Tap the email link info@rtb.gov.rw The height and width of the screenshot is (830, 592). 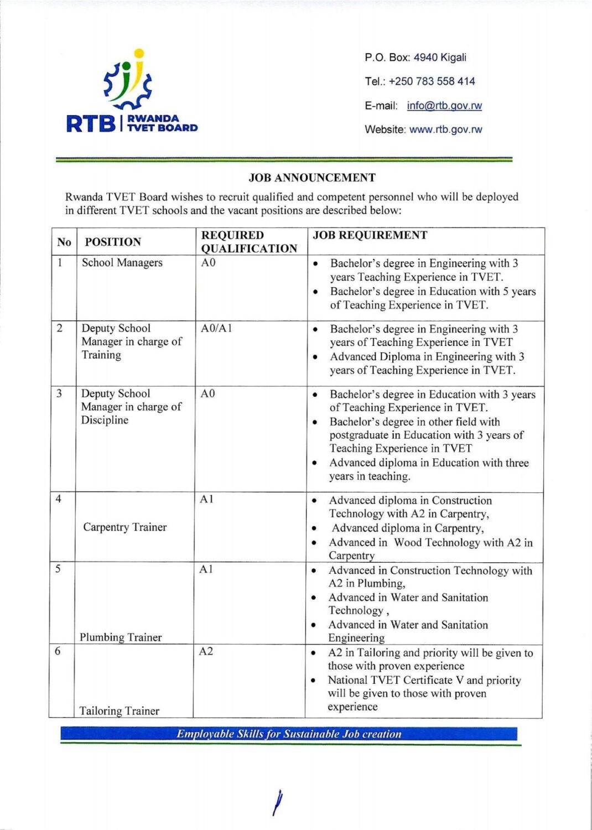(444, 106)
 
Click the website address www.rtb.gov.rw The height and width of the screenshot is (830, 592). (445, 129)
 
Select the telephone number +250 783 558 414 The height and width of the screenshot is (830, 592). (432, 81)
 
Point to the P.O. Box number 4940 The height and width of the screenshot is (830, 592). (425, 58)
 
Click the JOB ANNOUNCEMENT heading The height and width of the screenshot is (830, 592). (312, 178)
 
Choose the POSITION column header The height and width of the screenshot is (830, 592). (113, 242)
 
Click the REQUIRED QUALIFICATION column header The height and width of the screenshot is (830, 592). (249, 242)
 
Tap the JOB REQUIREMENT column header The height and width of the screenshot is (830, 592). (370, 235)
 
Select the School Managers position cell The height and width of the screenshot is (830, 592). (122, 263)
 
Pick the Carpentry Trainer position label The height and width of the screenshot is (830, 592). (124, 527)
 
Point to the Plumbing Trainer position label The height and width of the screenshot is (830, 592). (121, 637)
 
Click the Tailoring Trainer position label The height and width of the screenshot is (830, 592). (119, 711)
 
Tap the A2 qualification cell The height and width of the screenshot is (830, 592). (206, 651)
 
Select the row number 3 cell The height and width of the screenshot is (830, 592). (59, 393)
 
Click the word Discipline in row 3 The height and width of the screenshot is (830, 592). (105, 420)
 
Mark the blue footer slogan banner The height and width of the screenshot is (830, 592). (289, 734)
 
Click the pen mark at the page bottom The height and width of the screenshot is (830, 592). (278, 802)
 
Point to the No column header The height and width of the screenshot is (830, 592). (64, 242)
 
